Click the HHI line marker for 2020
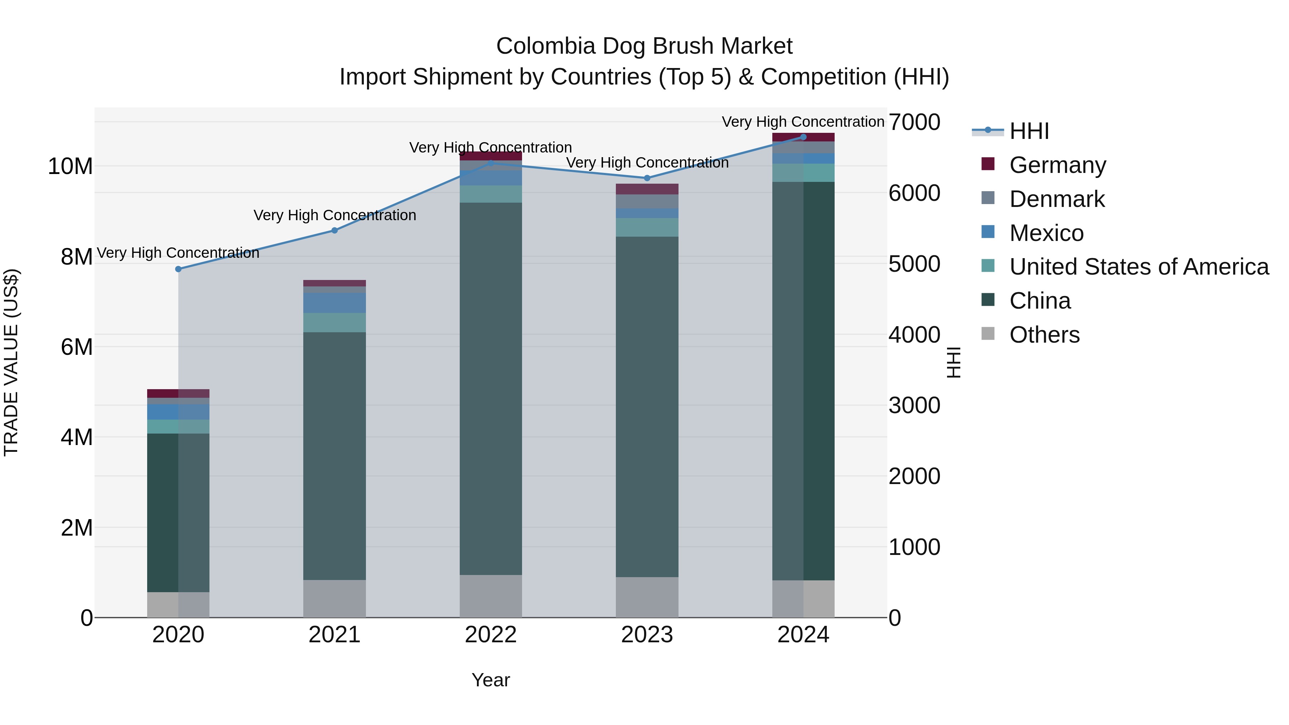coord(178,269)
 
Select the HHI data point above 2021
coord(335,231)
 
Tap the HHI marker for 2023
coord(647,178)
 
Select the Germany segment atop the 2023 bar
coord(647,189)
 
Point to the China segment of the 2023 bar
coord(647,406)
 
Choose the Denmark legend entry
coord(1057,199)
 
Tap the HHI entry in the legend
coord(1029,131)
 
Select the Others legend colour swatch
coord(988,333)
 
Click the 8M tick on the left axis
coord(77,257)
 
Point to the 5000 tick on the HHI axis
coord(914,264)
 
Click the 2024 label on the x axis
coord(803,635)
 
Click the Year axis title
coord(491,680)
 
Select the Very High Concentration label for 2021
coord(335,215)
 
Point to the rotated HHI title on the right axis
coord(954,362)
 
